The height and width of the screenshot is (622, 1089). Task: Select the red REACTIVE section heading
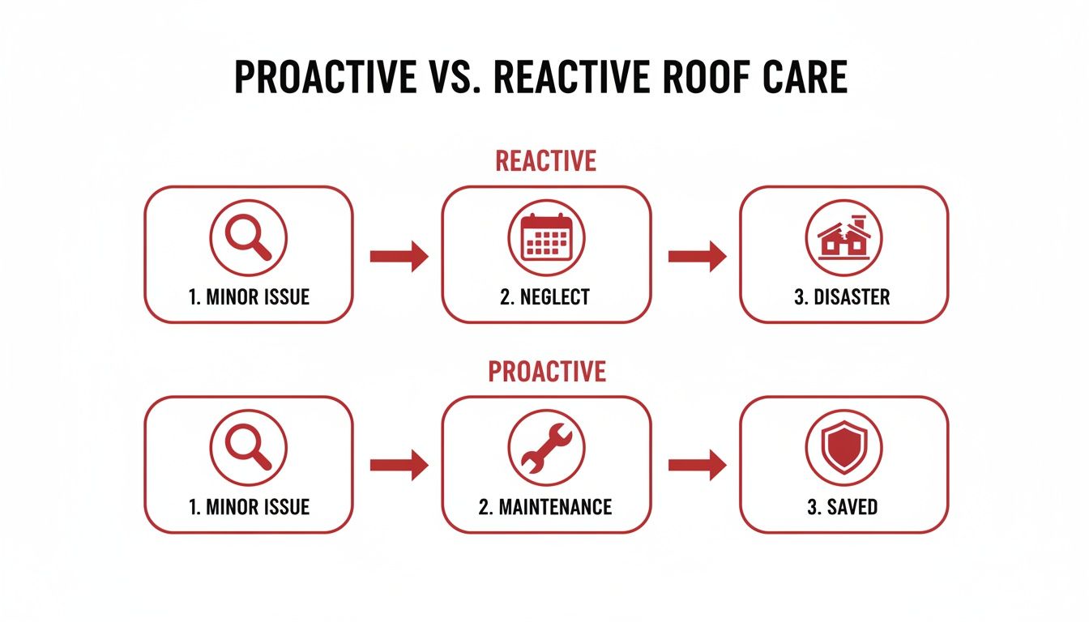click(x=545, y=160)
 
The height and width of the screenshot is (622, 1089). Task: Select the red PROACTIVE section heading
click(x=546, y=371)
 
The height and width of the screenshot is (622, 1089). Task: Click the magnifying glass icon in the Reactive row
click(x=248, y=237)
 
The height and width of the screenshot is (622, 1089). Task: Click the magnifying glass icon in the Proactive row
click(x=248, y=448)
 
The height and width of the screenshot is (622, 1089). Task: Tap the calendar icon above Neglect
click(x=546, y=237)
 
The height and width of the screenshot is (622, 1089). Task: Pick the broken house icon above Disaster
click(x=843, y=237)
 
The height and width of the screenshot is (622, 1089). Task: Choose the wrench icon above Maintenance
click(x=546, y=448)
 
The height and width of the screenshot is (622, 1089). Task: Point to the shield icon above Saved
click(x=843, y=448)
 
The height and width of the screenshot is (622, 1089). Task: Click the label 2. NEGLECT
click(x=545, y=297)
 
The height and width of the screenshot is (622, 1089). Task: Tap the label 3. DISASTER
click(x=843, y=297)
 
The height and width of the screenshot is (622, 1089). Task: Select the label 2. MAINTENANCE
click(x=545, y=508)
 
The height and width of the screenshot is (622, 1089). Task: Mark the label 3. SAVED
click(x=843, y=508)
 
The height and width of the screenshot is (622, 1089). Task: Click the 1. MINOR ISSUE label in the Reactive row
click(x=249, y=297)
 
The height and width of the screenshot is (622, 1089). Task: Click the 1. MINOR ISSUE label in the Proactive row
click(x=249, y=508)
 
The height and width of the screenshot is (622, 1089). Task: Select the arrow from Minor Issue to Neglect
click(x=399, y=256)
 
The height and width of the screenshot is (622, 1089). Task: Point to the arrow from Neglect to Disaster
click(x=697, y=256)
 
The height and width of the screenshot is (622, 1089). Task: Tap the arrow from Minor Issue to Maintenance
click(x=399, y=465)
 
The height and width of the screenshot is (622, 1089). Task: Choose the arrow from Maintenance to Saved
click(x=697, y=465)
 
